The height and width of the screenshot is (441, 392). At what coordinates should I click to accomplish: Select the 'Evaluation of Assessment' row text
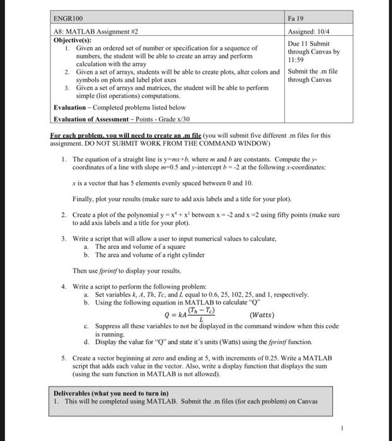(x=117, y=119)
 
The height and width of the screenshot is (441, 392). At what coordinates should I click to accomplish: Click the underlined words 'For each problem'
(x=77, y=134)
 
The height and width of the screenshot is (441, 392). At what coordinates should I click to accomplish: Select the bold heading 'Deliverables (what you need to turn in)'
(x=111, y=392)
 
